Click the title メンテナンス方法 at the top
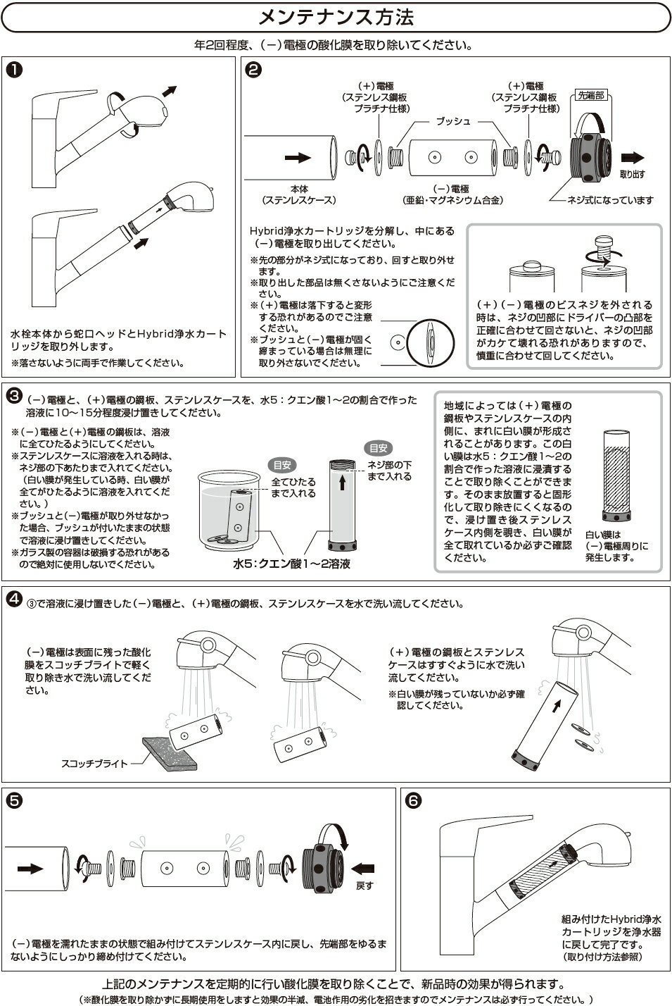[x=336, y=16]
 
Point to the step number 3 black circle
[x=12, y=396]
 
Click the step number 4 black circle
[x=13, y=600]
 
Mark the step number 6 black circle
[x=413, y=800]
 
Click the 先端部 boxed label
[x=590, y=94]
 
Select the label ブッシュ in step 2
[x=452, y=121]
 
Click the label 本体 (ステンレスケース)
[x=299, y=194]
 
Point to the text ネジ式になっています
[x=611, y=200]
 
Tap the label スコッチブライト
[x=94, y=762]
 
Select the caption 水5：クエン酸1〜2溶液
[x=291, y=564]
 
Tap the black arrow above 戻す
[x=364, y=868]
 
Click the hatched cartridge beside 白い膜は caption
[x=617, y=474]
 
